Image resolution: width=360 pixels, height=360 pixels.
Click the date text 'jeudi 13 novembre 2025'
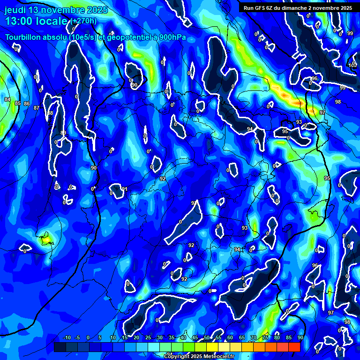tap(56, 10)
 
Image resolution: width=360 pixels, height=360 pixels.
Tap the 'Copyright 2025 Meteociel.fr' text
tap(199, 356)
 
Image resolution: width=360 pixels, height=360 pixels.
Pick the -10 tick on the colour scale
tap(66, 337)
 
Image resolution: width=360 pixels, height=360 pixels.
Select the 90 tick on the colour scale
tap(300, 337)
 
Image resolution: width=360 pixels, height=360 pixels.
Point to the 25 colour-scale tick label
tap(148, 337)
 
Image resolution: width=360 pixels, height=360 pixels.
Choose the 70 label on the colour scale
tap(253, 337)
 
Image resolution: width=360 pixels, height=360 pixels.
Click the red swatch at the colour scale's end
tap(294, 347)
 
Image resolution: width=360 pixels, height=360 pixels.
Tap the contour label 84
tap(7, 99)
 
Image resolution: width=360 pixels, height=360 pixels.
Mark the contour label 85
tap(18, 103)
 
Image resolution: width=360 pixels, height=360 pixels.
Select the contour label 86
tap(27, 104)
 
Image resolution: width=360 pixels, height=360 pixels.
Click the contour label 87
tap(37, 108)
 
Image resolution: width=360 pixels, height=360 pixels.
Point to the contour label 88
tap(50, 113)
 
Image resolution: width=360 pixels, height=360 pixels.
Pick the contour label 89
tap(63, 133)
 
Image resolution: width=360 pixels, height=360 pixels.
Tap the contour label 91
tap(124, 189)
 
